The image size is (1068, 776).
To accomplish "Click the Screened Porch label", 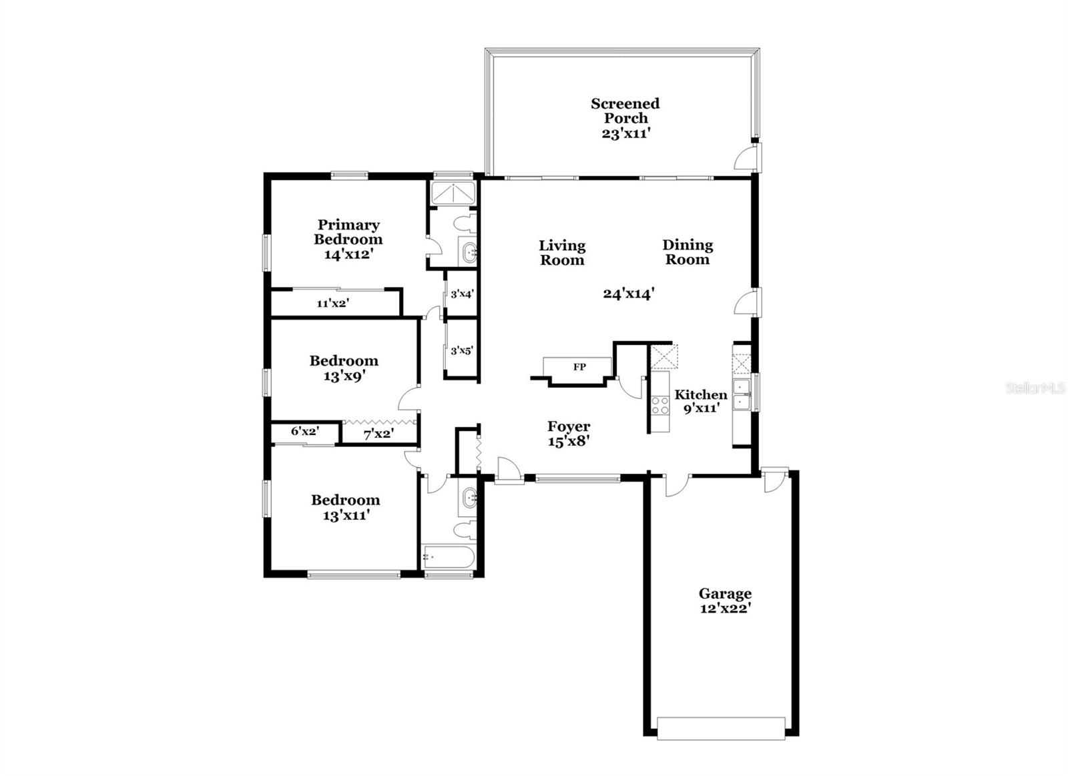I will pyautogui.click(x=625, y=111).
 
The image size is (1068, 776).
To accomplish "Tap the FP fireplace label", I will pyautogui.click(x=579, y=367).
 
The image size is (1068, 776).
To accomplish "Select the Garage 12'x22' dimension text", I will pyautogui.click(x=725, y=609).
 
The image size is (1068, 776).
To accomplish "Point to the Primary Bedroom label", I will pyautogui.click(x=348, y=232).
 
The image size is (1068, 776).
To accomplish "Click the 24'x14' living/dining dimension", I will pyautogui.click(x=628, y=294).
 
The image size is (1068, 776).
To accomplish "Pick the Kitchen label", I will pyautogui.click(x=700, y=394).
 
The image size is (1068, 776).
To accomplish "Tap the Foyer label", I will pyautogui.click(x=569, y=426).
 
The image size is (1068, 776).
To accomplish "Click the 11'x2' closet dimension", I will pyautogui.click(x=332, y=304).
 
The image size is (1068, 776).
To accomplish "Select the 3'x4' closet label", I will pyautogui.click(x=462, y=294).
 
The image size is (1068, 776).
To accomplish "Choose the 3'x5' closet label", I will pyautogui.click(x=462, y=350).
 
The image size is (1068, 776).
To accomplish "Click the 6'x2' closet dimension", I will pyautogui.click(x=304, y=432).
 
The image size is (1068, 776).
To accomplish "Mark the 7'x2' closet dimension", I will pyautogui.click(x=378, y=434).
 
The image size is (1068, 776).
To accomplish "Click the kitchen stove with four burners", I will pyautogui.click(x=660, y=405).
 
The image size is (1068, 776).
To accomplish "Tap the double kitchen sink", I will pyautogui.click(x=742, y=394).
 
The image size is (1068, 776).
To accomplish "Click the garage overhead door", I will pyautogui.click(x=721, y=728).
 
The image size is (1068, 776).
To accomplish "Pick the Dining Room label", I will pyautogui.click(x=687, y=252).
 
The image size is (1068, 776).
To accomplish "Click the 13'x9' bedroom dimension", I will pyautogui.click(x=344, y=376).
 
